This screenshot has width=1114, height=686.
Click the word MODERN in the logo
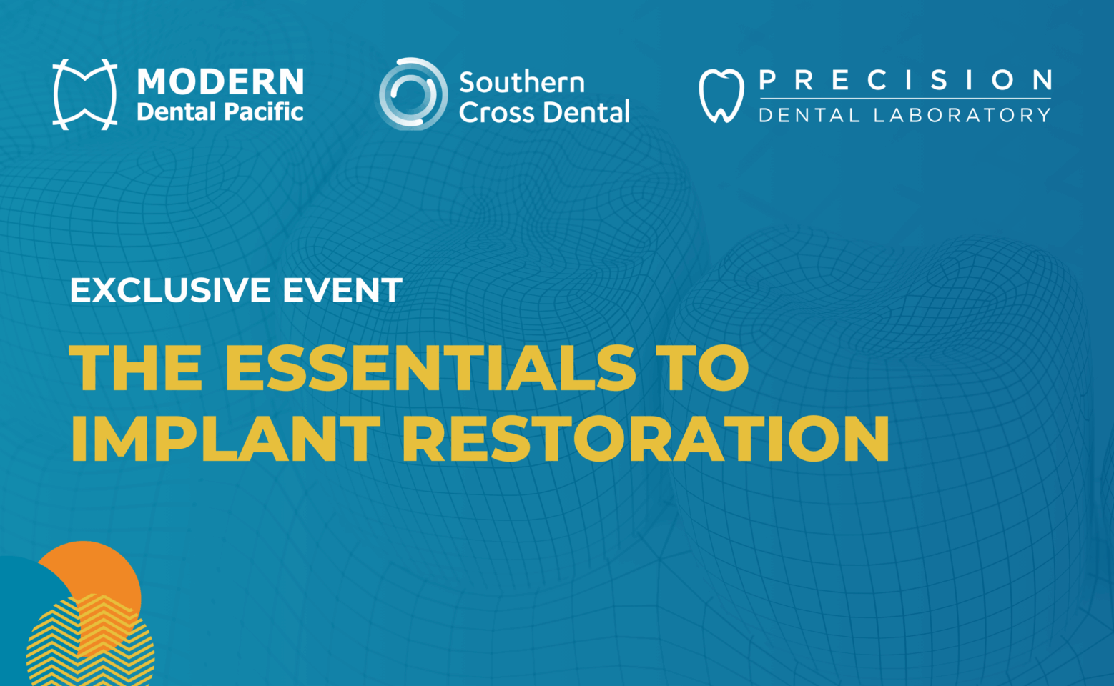[x=220, y=81]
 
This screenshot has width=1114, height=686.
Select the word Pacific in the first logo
[x=263, y=112]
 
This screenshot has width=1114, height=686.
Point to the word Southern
[x=522, y=82]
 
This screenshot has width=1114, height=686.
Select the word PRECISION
[x=906, y=80]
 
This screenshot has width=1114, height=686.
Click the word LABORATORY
[x=962, y=115]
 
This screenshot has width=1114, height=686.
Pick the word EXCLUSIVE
[x=171, y=290]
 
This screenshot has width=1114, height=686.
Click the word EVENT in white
[x=342, y=290]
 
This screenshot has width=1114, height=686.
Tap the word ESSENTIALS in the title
[x=430, y=368]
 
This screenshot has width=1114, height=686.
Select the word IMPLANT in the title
[x=225, y=437]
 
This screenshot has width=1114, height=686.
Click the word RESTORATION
[x=645, y=437]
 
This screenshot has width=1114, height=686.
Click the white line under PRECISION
[x=905, y=99]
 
